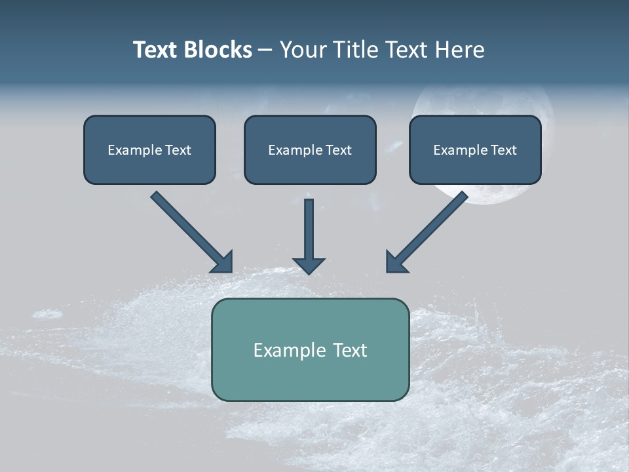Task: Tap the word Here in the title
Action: [x=459, y=50]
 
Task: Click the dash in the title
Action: [x=266, y=50]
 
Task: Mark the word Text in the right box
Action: [x=503, y=150]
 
